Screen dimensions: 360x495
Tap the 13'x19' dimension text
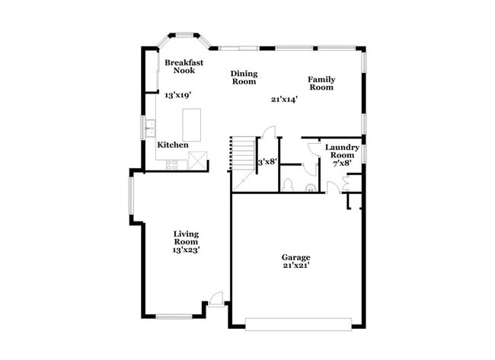pos(177,95)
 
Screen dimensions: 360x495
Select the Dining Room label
pos(244,78)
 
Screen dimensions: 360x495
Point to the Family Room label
pos(321,83)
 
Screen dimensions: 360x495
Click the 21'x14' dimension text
pos(283,99)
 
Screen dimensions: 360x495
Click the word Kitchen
pos(173,145)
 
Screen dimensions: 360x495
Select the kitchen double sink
pos(151,127)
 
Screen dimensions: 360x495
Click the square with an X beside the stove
pos(198,161)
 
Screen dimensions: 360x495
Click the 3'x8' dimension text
pos(267,161)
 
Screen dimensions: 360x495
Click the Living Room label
pos(186,238)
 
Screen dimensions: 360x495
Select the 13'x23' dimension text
pos(187,250)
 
